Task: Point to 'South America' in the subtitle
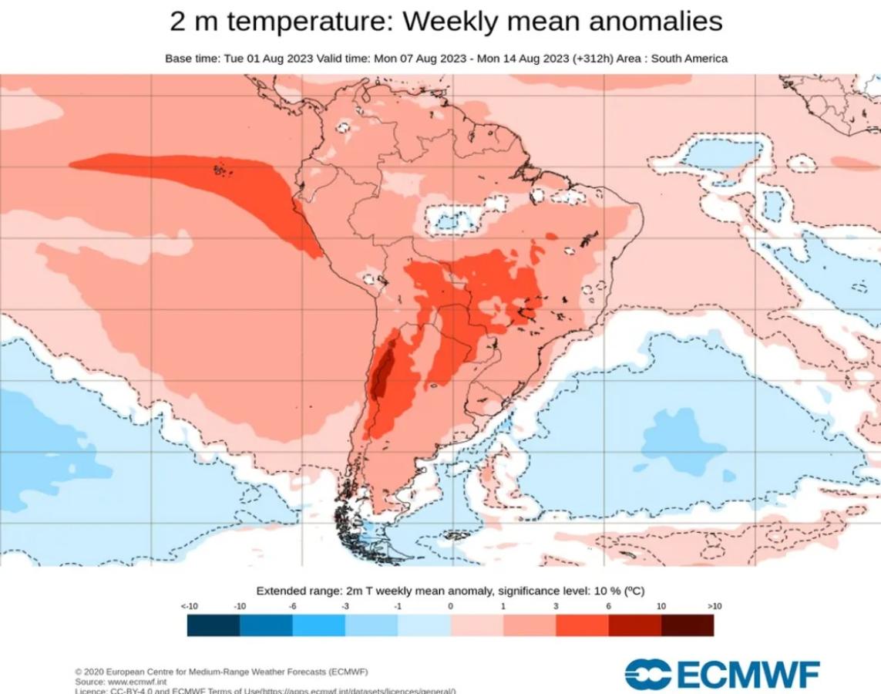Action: (690, 59)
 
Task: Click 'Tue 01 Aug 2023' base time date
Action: (262, 59)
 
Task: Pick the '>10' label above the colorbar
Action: (714, 607)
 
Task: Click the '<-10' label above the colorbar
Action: (189, 607)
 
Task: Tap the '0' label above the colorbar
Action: (450, 607)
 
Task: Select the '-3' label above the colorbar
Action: (346, 607)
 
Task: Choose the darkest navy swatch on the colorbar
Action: (214, 625)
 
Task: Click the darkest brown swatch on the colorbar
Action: (687, 625)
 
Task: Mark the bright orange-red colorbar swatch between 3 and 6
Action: (582, 625)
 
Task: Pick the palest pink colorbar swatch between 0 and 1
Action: (476, 625)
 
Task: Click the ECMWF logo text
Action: (748, 674)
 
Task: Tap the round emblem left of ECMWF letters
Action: (648, 674)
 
